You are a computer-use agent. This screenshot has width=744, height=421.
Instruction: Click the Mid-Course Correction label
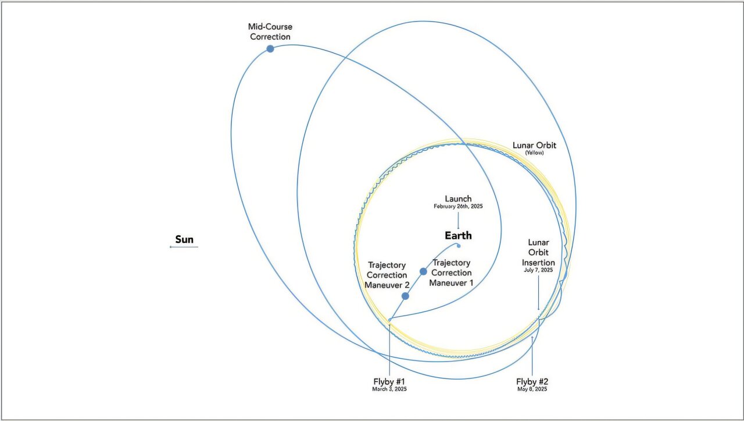pyautogui.click(x=270, y=31)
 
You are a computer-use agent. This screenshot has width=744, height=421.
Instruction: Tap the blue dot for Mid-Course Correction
pyautogui.click(x=270, y=49)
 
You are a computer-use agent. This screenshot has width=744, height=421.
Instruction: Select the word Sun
pyautogui.click(x=184, y=239)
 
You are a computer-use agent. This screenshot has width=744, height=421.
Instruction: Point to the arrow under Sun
pyautogui.click(x=184, y=247)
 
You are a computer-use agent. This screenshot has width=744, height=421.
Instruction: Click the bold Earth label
pyautogui.click(x=459, y=236)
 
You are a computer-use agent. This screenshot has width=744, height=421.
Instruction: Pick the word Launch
pyautogui.click(x=459, y=199)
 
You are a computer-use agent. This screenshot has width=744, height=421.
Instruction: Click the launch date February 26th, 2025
pyautogui.click(x=459, y=206)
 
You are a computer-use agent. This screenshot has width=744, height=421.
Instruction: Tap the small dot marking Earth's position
pyautogui.click(x=459, y=246)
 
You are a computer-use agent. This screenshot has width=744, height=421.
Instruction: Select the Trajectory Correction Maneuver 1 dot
pyautogui.click(x=423, y=271)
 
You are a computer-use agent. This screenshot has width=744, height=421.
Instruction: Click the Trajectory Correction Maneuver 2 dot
pyautogui.click(x=405, y=296)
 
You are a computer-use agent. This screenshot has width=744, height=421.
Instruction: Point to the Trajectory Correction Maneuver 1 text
pyautogui.click(x=452, y=273)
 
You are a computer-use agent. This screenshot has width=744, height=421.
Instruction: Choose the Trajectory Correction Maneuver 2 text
pyautogui.click(x=387, y=275)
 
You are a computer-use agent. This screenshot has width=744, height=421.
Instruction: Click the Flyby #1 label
pyautogui.click(x=389, y=381)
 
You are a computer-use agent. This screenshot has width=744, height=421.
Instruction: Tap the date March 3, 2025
pyautogui.click(x=389, y=389)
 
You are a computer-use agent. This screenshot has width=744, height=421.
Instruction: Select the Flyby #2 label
pyautogui.click(x=532, y=381)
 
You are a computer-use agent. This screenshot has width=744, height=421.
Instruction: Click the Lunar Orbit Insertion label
pyautogui.click(x=538, y=253)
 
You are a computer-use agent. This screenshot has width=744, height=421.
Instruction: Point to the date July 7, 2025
pyautogui.click(x=538, y=270)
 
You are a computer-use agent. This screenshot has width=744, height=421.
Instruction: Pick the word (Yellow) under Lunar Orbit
pyautogui.click(x=534, y=153)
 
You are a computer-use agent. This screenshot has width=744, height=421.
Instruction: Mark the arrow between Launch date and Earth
pyautogui.click(x=459, y=220)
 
